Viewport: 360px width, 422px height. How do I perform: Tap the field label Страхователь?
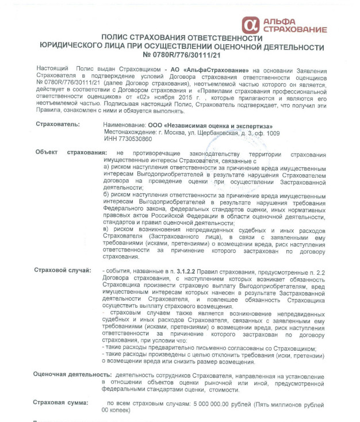click(x=58, y=124)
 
